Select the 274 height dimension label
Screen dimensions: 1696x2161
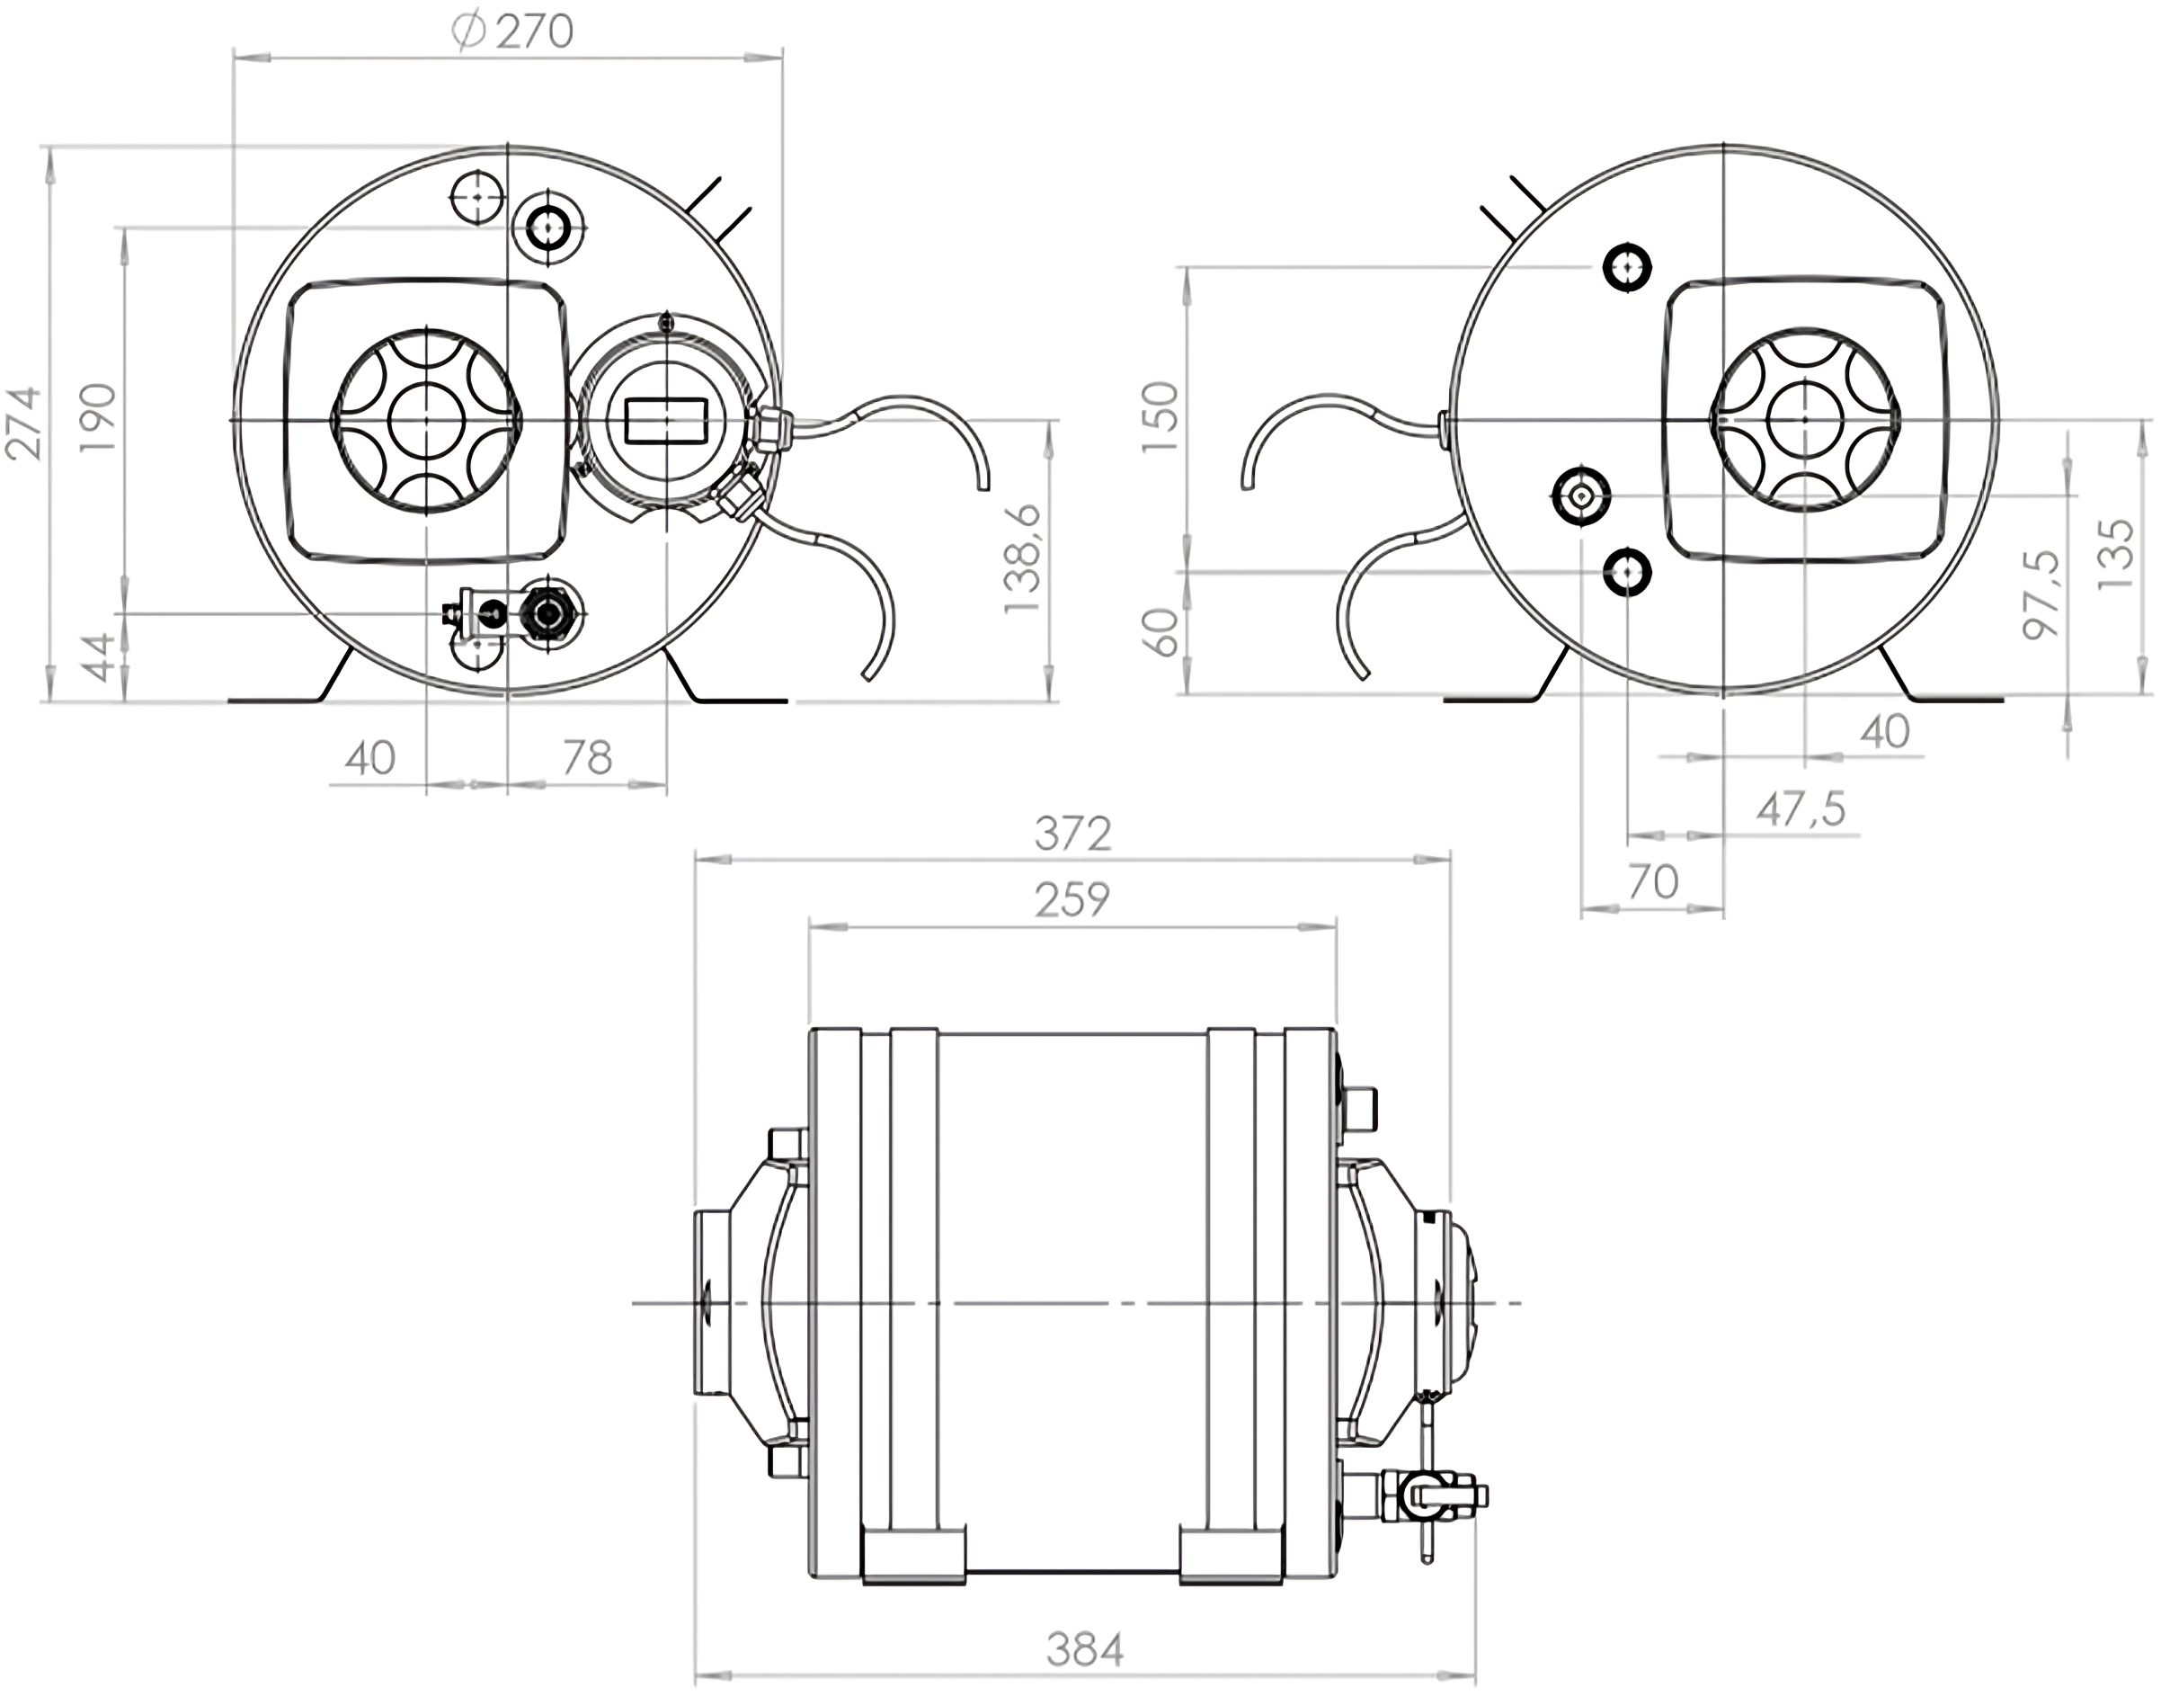pos(24,423)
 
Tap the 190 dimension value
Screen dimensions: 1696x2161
pos(97,417)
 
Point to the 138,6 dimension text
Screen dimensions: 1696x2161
pos(1022,559)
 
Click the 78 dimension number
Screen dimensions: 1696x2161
pos(587,759)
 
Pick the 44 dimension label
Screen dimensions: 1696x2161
pos(98,657)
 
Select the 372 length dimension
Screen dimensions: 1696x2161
pos(1072,835)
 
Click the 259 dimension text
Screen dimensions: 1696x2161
pos(1072,899)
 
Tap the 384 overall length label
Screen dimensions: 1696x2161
pos(1084,1650)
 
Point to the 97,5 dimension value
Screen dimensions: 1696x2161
pos(2041,594)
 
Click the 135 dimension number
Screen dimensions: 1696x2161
pos(2115,554)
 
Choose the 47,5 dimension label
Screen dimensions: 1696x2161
pos(1801,809)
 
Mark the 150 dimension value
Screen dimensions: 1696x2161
pos(1160,417)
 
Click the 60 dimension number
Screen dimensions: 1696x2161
pos(1160,632)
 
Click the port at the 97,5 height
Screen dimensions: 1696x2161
pos(1580,494)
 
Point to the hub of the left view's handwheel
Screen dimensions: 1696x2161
pos(427,420)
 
